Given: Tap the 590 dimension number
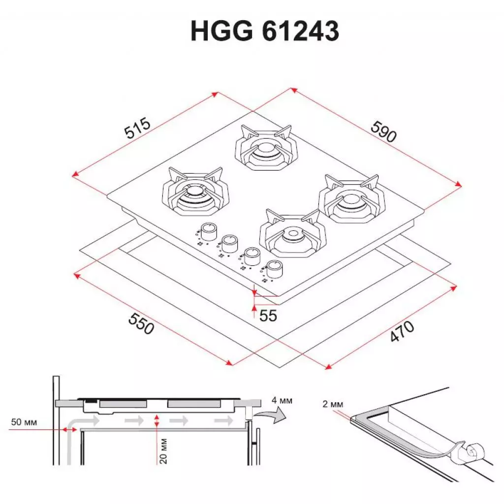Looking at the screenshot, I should tap(383, 131).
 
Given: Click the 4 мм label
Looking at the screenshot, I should tap(282, 401).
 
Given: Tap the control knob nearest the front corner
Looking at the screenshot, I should tap(274, 269).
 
